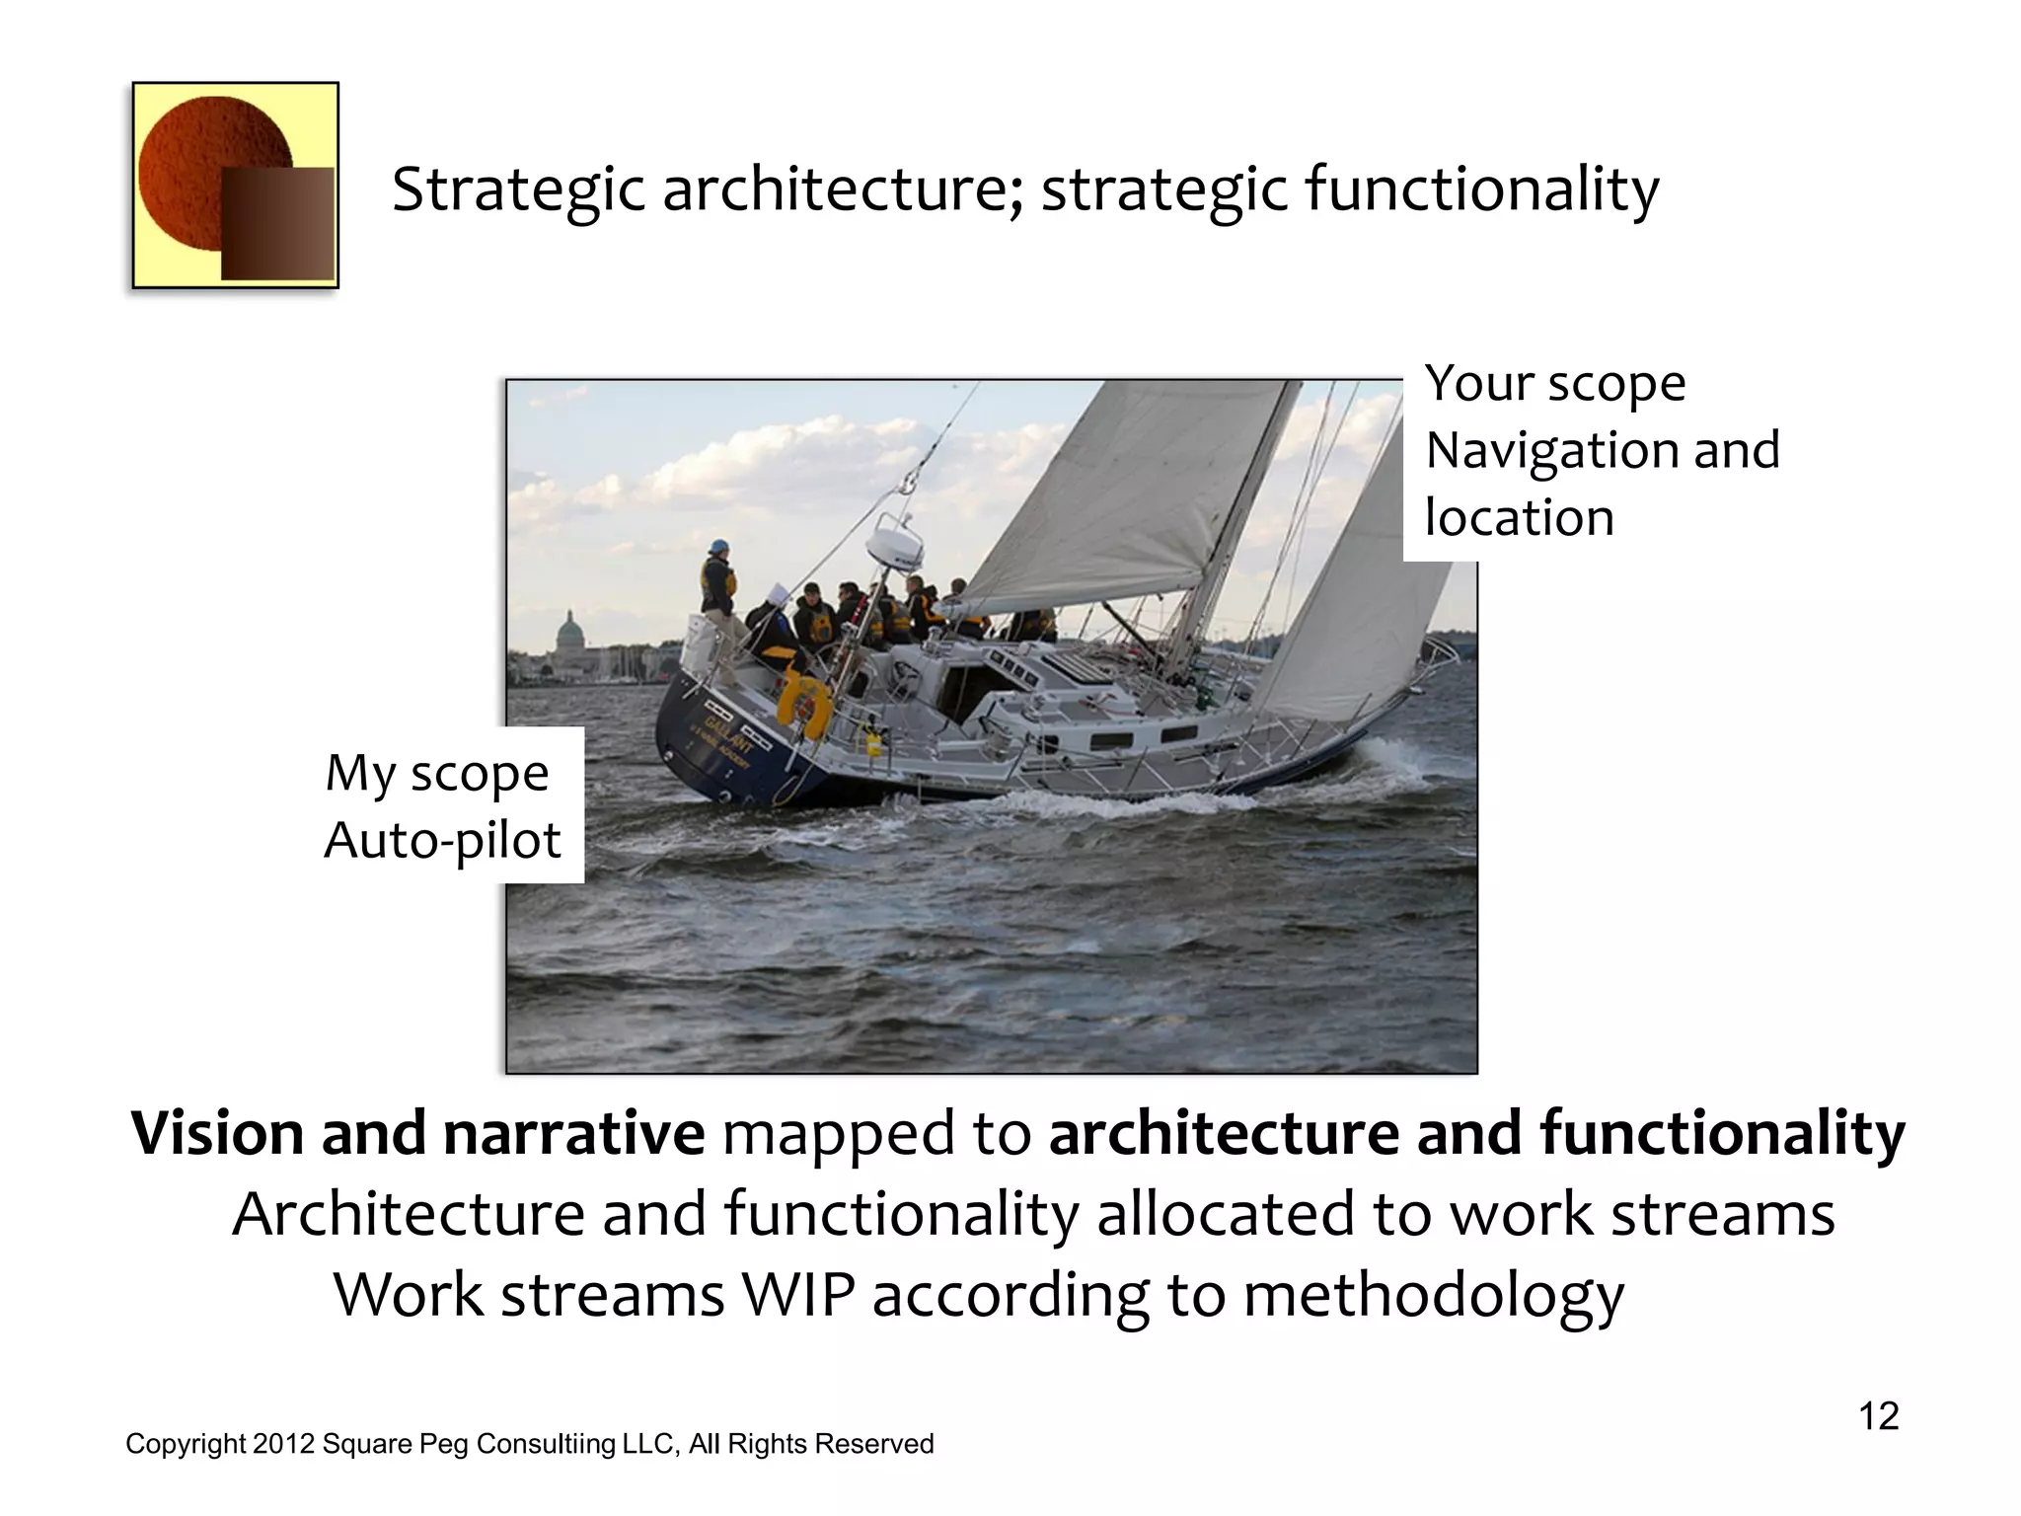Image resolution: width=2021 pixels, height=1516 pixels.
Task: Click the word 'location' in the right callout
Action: (1519, 518)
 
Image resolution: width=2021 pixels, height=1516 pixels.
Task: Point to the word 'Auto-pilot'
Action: (442, 841)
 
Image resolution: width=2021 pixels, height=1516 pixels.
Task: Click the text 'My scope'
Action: (436, 773)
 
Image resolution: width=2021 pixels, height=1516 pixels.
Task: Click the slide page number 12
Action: (1878, 1416)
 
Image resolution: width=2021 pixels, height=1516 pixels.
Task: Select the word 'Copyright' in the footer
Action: (185, 1444)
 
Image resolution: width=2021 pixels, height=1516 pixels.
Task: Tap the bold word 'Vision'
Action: (216, 1133)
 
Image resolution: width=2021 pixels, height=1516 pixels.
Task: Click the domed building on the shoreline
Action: (570, 632)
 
